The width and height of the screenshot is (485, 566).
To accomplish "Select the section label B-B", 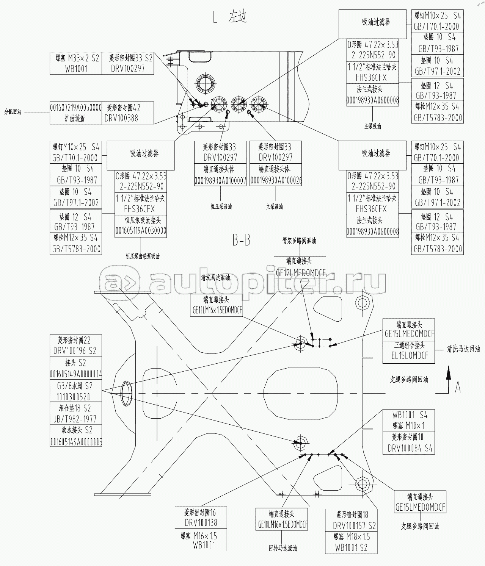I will click(241, 241).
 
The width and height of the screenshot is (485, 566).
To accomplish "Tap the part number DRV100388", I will click(121, 118).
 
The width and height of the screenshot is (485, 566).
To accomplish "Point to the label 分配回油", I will click(13, 113).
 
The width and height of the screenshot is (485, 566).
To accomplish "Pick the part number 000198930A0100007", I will click(220, 181).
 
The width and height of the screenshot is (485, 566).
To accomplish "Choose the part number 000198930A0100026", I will click(276, 181).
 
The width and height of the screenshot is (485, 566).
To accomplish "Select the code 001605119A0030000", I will click(141, 230).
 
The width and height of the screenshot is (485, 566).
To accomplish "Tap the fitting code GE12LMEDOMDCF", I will click(300, 273).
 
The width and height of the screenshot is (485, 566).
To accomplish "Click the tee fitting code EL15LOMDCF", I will click(409, 356).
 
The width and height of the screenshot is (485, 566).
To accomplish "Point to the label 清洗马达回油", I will click(463, 349).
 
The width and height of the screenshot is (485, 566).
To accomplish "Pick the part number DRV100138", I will click(201, 523).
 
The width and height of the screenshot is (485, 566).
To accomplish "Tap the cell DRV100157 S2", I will click(354, 526).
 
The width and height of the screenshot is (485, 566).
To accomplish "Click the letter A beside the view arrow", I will click(458, 388).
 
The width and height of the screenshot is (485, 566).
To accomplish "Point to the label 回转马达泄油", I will click(283, 548).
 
